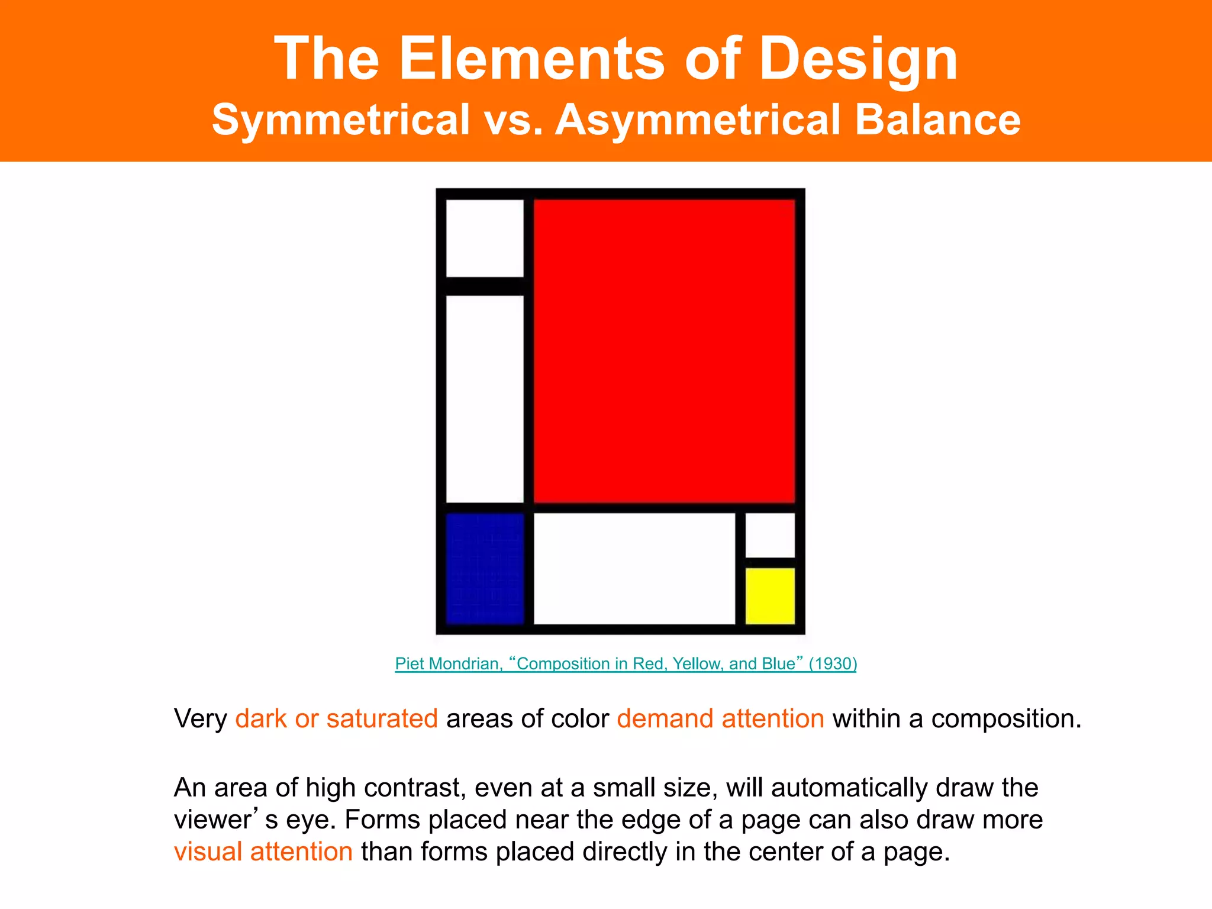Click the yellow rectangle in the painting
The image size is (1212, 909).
tap(769, 596)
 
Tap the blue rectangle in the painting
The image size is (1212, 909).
tap(485, 568)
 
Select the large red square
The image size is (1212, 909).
tap(664, 351)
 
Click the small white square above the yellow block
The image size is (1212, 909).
tap(769, 535)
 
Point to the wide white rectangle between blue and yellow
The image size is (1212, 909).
tap(634, 568)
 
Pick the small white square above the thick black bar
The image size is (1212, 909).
tap(485, 238)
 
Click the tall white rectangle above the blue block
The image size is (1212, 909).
tap(485, 399)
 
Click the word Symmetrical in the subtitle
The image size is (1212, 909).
tap(341, 120)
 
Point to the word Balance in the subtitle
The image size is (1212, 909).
tap(938, 120)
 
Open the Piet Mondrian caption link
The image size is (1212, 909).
tap(625, 663)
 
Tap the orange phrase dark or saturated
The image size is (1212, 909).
tap(336, 718)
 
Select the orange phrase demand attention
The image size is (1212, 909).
tap(720, 718)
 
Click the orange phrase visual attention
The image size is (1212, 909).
tap(263, 852)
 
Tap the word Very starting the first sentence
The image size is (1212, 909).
tap(201, 718)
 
